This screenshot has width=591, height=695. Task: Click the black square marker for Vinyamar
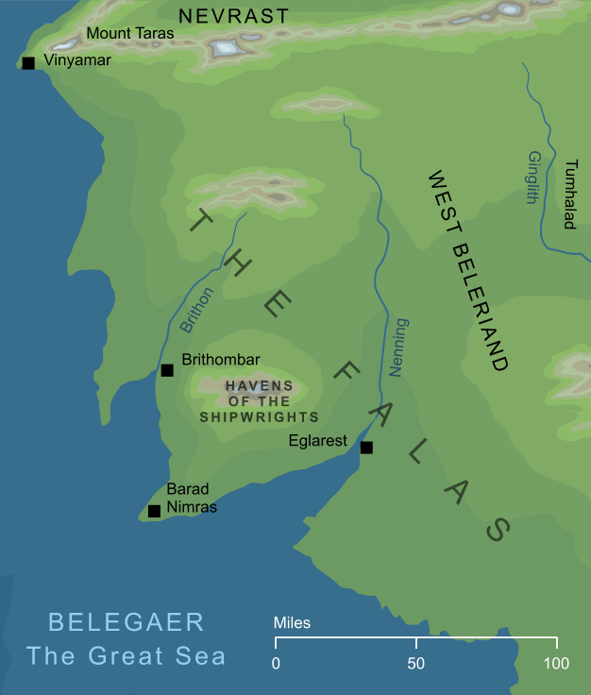pos(28,63)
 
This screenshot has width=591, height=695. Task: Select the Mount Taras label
pos(125,34)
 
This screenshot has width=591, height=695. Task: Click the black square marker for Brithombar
pos(166,370)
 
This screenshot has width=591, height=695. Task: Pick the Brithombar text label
pos(220,360)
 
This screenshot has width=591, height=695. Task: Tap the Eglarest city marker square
pos(366,448)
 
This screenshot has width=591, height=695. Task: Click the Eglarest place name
pos(319,441)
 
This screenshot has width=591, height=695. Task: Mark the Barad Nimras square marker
pos(154,512)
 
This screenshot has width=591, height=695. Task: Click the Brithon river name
pos(197,309)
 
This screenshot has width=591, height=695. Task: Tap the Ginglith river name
pos(535,178)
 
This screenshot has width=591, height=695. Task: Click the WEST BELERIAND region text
pos(469,270)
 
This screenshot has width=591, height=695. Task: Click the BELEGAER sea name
pos(126,622)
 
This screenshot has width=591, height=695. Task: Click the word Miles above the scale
pos(292,623)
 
